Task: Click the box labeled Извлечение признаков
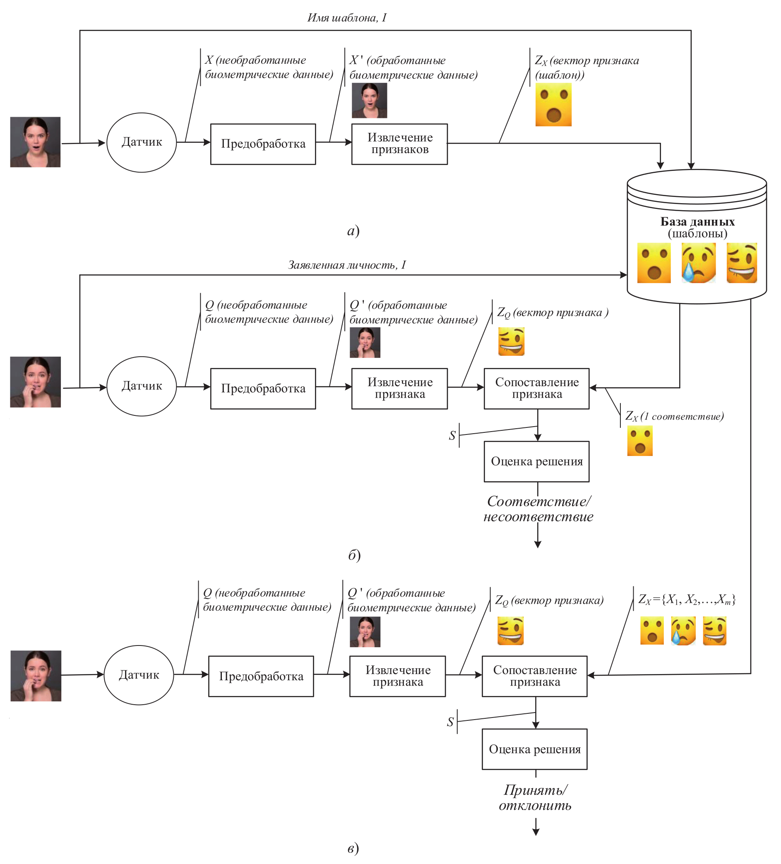(x=399, y=144)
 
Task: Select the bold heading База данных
(x=697, y=221)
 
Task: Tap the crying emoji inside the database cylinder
(x=698, y=263)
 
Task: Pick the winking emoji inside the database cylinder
(x=742, y=263)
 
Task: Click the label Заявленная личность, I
(x=347, y=265)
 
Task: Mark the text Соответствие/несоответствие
(x=538, y=509)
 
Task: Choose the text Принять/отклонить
(x=535, y=797)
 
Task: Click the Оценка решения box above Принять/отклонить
(x=534, y=749)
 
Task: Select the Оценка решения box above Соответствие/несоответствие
(x=536, y=461)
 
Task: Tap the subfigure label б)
(x=354, y=555)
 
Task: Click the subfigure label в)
(x=353, y=848)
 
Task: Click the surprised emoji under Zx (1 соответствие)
(x=639, y=441)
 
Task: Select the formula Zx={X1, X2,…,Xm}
(x=687, y=599)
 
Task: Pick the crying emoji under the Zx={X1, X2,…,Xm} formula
(x=683, y=631)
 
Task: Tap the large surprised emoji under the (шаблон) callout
(x=553, y=105)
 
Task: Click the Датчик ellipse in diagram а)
(x=142, y=142)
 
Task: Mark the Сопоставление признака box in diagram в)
(x=534, y=676)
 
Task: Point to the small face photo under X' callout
(x=369, y=100)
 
